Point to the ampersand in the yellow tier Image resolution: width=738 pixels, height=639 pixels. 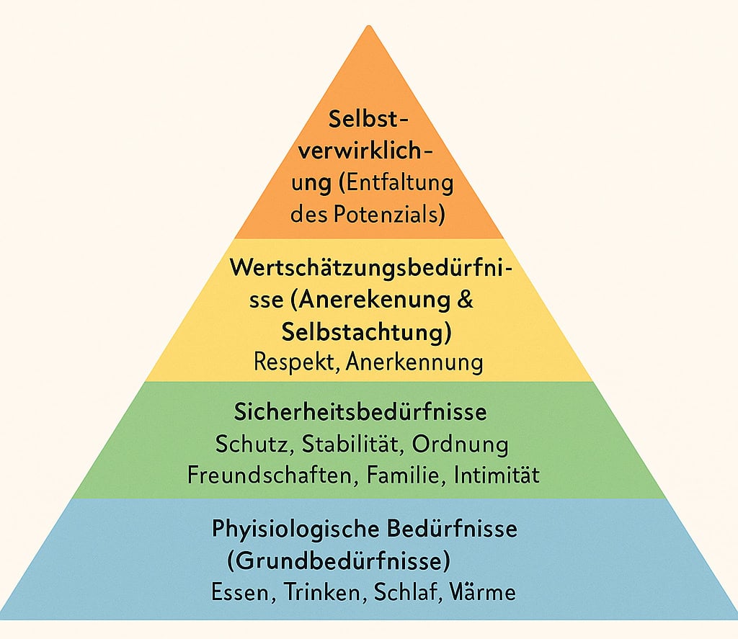tap(465, 299)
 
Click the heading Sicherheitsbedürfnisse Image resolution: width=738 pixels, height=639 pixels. tap(360, 412)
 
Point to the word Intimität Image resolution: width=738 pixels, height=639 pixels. tap(497, 475)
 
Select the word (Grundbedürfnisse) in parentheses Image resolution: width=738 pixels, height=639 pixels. tap(339, 561)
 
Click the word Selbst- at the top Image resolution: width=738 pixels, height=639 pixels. tap(368, 119)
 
